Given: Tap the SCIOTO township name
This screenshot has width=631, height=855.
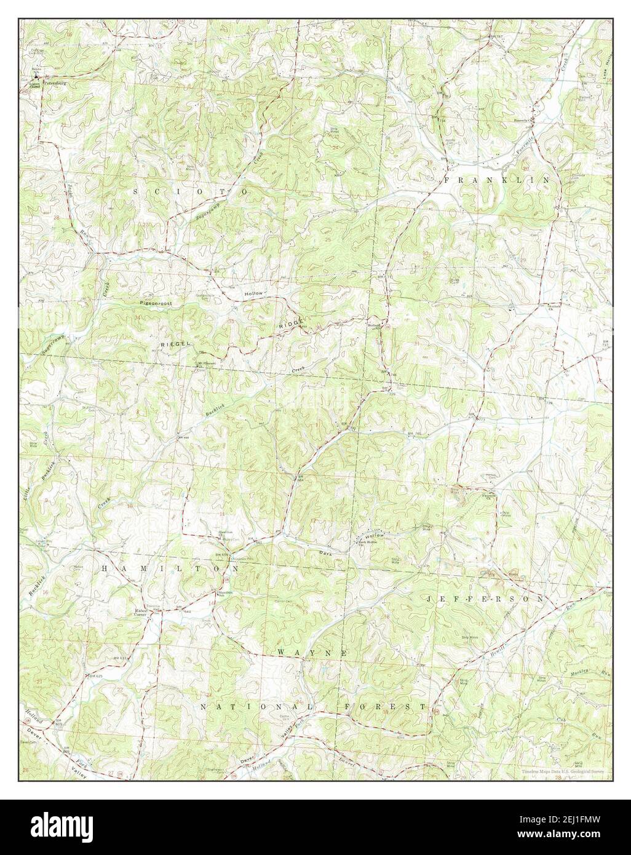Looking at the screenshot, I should click(x=191, y=193).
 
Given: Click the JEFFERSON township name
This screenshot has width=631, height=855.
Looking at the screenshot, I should click(x=484, y=598).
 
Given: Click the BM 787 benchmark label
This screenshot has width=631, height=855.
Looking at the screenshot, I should click(x=496, y=36).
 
